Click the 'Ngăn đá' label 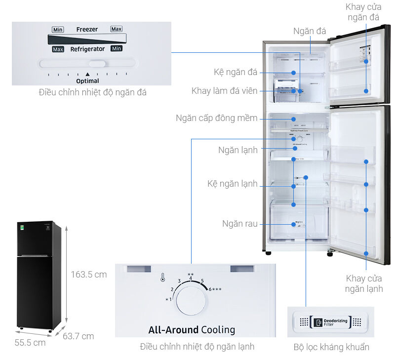(310, 31)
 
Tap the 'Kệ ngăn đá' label (236, 73)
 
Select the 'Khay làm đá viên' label (224, 91)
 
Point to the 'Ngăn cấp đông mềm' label (216, 118)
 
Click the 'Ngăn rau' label (239, 224)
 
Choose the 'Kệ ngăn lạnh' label (232, 184)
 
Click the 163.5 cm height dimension (88, 275)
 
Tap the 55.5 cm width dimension (30, 342)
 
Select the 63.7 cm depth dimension (78, 336)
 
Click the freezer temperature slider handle (98, 64)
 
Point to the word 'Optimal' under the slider (87, 81)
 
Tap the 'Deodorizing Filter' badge (330, 322)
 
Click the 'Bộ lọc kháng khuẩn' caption (331, 347)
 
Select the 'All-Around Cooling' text (192, 330)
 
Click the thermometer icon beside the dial (162, 278)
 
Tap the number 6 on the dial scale (210, 289)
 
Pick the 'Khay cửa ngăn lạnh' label (364, 283)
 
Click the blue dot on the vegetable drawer (294, 224)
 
